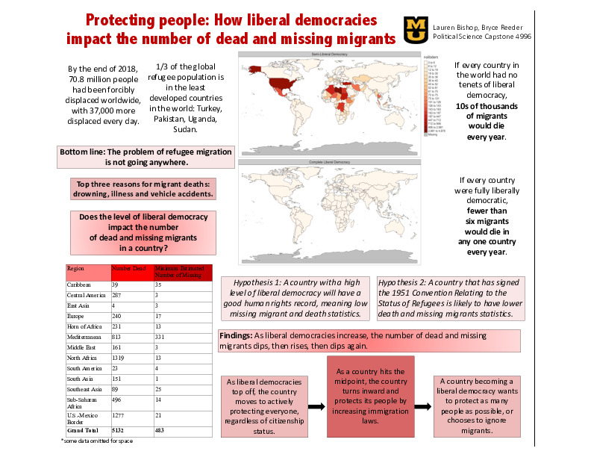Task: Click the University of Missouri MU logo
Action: [415, 29]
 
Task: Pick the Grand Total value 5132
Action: [120, 432]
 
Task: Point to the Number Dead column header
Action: [128, 267]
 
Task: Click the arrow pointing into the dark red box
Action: [317, 407]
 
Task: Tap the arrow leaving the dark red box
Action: [423, 407]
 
